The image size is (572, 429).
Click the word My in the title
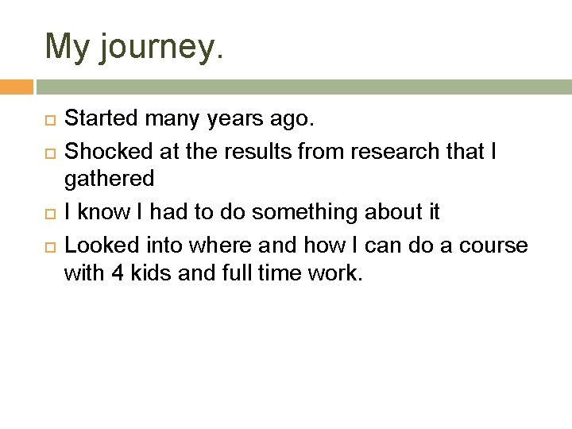click(x=70, y=47)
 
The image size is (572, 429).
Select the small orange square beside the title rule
click(x=17, y=87)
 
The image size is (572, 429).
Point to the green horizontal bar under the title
click(x=303, y=87)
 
